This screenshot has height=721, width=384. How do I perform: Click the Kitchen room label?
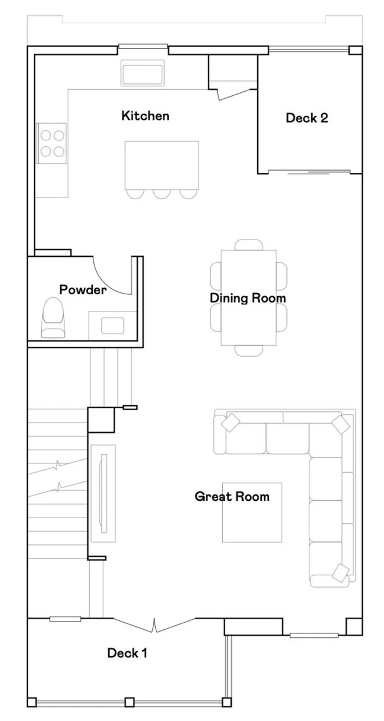(145, 116)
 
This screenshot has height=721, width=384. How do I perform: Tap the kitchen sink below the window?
(142, 73)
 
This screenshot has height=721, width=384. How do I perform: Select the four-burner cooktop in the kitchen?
(52, 143)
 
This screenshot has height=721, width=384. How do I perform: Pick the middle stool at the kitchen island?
(162, 194)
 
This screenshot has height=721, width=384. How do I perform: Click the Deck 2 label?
(307, 118)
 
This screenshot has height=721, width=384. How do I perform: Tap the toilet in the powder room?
(52, 318)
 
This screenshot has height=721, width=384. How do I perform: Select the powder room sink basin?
(112, 325)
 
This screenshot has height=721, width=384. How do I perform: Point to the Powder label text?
(83, 290)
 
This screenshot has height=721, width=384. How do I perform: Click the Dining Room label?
(247, 298)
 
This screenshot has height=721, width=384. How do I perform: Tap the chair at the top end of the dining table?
(249, 245)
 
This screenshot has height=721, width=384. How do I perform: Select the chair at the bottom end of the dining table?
(249, 350)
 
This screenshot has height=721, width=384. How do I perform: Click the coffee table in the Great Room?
(252, 513)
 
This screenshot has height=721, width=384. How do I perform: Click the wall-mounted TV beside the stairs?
(103, 493)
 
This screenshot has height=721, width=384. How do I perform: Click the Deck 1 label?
(127, 653)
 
